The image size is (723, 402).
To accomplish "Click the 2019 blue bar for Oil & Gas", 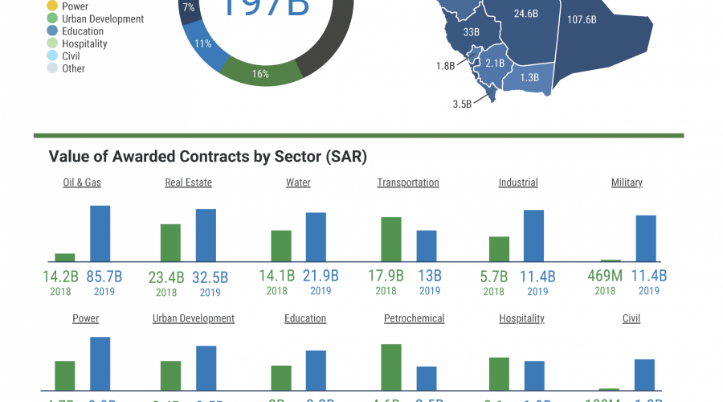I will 100,234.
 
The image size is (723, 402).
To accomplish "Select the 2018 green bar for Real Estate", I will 170,243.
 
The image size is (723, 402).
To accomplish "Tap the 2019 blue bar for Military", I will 646,239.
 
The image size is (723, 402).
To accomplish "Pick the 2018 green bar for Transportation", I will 390,240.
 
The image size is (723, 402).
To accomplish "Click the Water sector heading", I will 298,183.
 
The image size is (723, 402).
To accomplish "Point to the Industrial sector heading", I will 518,183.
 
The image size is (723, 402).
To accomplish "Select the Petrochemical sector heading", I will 414,318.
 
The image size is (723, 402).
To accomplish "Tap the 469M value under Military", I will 605,277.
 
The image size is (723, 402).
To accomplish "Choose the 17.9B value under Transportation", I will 386,277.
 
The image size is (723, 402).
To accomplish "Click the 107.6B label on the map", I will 582,19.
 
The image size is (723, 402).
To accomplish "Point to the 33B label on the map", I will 472,33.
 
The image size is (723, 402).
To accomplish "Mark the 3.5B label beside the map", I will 462,104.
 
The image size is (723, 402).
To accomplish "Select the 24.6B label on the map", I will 526,14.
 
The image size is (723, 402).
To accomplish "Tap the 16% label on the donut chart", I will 260,74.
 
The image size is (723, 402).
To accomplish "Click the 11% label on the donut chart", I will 202,44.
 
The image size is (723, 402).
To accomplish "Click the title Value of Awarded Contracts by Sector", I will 208,156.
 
